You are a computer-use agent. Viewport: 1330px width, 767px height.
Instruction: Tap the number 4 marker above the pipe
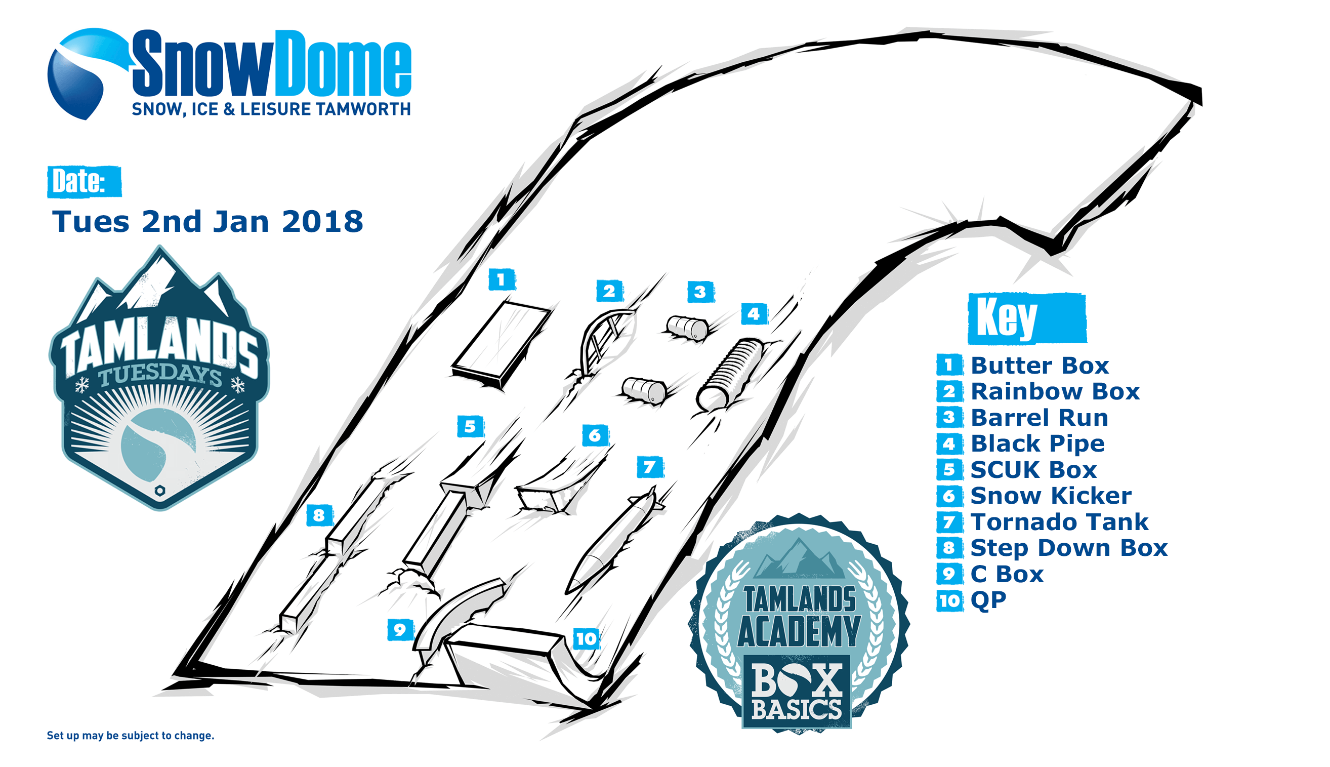(754, 313)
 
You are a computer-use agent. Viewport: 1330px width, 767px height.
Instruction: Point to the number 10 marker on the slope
(586, 639)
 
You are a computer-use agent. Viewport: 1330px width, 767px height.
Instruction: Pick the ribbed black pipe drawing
(730, 374)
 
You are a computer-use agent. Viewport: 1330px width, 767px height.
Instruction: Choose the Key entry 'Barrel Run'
(1039, 417)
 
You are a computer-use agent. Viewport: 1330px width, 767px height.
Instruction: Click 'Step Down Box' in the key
(1069, 548)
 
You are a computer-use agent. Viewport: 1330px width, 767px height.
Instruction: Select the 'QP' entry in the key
(988, 600)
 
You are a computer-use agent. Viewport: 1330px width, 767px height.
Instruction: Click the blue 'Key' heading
(1027, 319)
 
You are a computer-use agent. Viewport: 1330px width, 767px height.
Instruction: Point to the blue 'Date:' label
(84, 182)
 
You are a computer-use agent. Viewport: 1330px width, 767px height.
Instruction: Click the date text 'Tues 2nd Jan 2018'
(207, 221)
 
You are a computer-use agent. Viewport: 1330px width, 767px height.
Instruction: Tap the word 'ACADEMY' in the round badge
(799, 631)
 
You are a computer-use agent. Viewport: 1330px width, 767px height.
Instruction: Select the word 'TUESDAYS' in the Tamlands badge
(160, 375)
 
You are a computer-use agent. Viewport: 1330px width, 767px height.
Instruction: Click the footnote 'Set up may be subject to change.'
(131, 736)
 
